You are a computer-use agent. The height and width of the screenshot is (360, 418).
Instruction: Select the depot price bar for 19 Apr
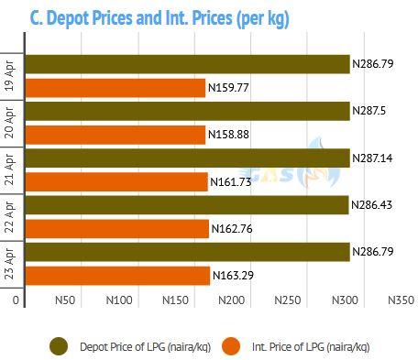(x=187, y=64)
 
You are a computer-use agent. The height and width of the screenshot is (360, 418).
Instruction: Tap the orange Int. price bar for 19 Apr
(x=115, y=88)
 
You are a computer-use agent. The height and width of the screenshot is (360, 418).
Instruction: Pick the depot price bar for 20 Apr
(x=187, y=111)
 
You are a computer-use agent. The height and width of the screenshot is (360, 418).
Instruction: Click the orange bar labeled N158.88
(x=115, y=135)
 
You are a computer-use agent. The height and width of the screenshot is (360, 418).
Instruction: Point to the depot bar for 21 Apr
(x=187, y=158)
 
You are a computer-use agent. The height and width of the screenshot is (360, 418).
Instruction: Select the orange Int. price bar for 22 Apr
(x=117, y=229)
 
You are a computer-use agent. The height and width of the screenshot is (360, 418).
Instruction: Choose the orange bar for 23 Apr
(x=117, y=276)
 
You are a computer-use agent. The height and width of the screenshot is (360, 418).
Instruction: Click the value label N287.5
(x=369, y=111)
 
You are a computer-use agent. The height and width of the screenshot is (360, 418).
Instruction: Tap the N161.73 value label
(x=231, y=182)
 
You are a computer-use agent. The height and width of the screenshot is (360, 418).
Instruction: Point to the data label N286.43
(x=371, y=205)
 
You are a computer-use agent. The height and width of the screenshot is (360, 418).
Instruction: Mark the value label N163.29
(x=233, y=276)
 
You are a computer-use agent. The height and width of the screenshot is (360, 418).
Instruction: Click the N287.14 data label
(x=372, y=158)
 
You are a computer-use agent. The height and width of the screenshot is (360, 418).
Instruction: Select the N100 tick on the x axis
(x=119, y=300)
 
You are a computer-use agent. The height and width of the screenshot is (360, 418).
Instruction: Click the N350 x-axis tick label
(x=401, y=300)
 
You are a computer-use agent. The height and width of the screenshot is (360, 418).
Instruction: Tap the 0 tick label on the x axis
(x=16, y=300)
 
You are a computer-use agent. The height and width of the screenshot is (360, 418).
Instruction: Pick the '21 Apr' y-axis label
(x=9, y=169)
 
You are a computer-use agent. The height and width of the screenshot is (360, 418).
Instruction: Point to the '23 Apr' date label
(x=9, y=264)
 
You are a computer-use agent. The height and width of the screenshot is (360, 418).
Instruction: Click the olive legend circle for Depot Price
(x=59, y=346)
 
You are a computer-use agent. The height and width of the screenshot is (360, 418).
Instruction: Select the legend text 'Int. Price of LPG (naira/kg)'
(x=311, y=347)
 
